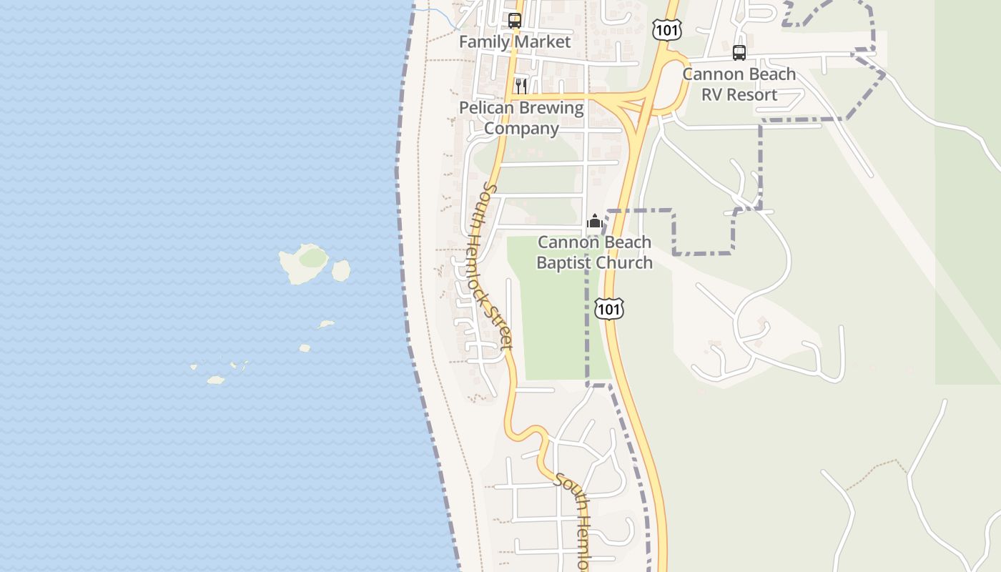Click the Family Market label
coord(515,41)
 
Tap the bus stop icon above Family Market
coord(515,21)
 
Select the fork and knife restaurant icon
coord(521,87)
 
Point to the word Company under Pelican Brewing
coord(521,129)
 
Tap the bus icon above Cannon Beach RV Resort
coord(739,53)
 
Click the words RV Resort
coord(739,94)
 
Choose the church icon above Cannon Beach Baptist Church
coord(594,222)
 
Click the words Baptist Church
coord(594,262)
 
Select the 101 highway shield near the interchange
coord(666,30)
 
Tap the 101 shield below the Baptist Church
coord(608,309)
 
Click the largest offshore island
coord(304,263)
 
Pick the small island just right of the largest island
coord(341,270)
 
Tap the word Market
coord(545,41)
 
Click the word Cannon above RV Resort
coord(710,74)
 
